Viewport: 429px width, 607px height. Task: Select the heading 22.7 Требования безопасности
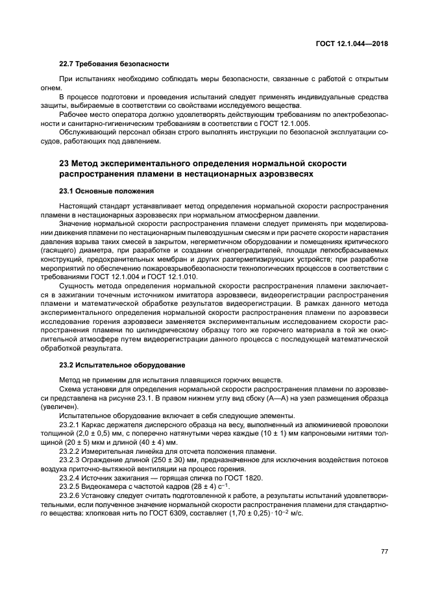pos(114,64)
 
